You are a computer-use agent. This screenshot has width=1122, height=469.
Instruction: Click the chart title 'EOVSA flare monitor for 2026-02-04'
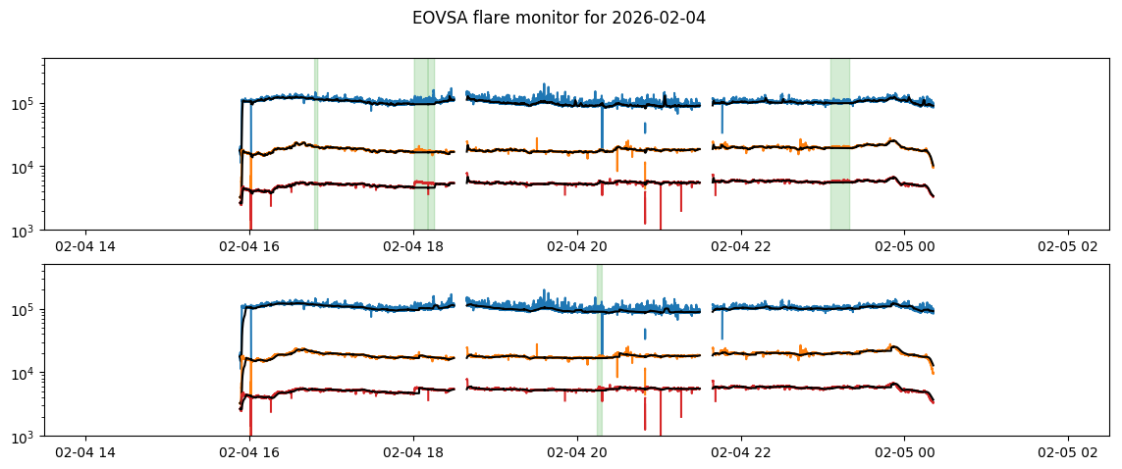point(559,18)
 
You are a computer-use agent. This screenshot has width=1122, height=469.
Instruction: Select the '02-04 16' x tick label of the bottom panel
point(249,453)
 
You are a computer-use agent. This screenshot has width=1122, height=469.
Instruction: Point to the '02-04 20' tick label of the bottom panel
point(577,453)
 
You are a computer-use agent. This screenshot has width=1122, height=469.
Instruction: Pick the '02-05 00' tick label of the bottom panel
point(904,453)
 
